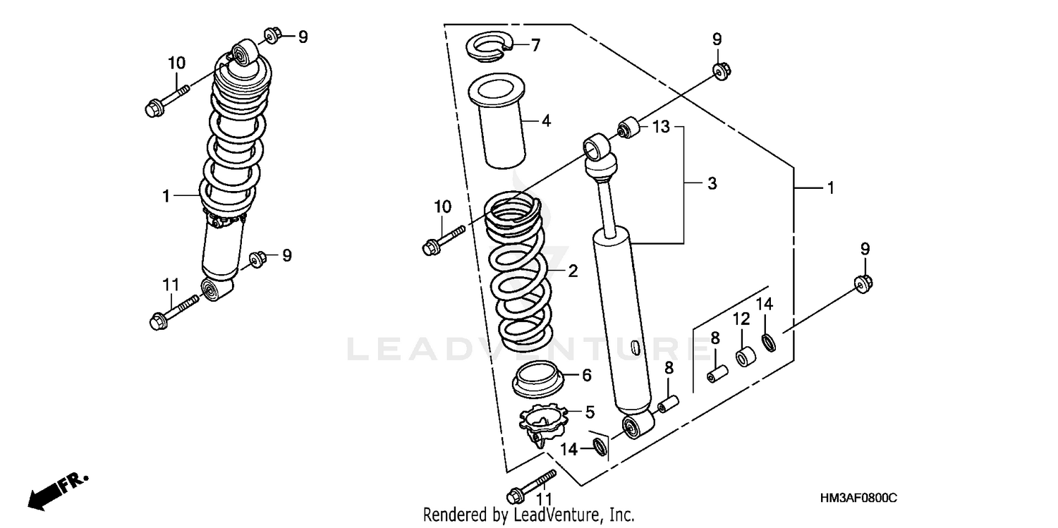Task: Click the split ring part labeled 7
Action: click(488, 49)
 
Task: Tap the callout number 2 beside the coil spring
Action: click(573, 271)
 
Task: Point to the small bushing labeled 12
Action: click(744, 357)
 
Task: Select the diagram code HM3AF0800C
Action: click(858, 498)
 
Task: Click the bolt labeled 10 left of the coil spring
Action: click(442, 239)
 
